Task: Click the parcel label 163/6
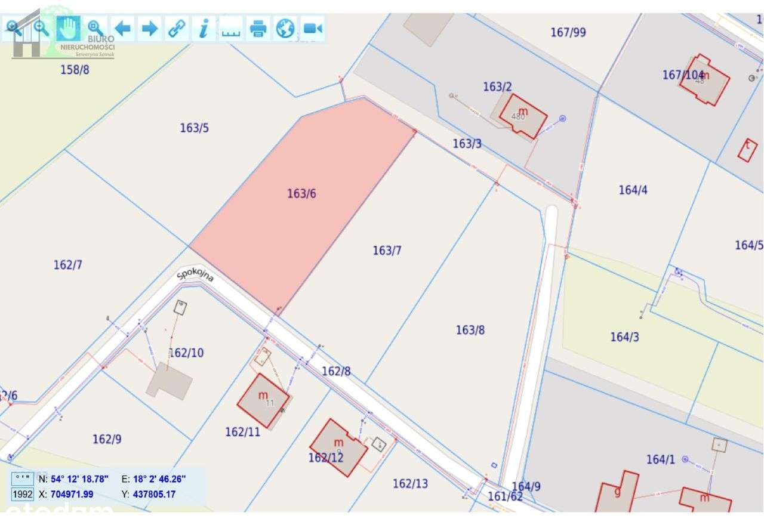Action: click(301, 193)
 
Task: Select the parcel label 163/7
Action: click(387, 250)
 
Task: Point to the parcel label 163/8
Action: click(470, 330)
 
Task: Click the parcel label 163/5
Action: click(195, 128)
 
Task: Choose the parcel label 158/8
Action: click(75, 70)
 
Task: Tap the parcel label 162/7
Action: click(68, 265)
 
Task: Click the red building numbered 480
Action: click(523, 115)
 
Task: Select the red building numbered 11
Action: click(263, 400)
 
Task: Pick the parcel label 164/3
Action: click(624, 337)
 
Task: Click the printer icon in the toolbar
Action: click(258, 28)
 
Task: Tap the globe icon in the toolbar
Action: click(285, 28)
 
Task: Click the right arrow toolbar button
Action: click(149, 28)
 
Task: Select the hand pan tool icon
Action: click(68, 27)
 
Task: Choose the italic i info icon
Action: click(204, 28)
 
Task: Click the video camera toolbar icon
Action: click(312, 28)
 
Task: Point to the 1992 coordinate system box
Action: click(23, 494)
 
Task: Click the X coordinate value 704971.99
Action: click(72, 494)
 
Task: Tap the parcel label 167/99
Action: click(568, 32)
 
